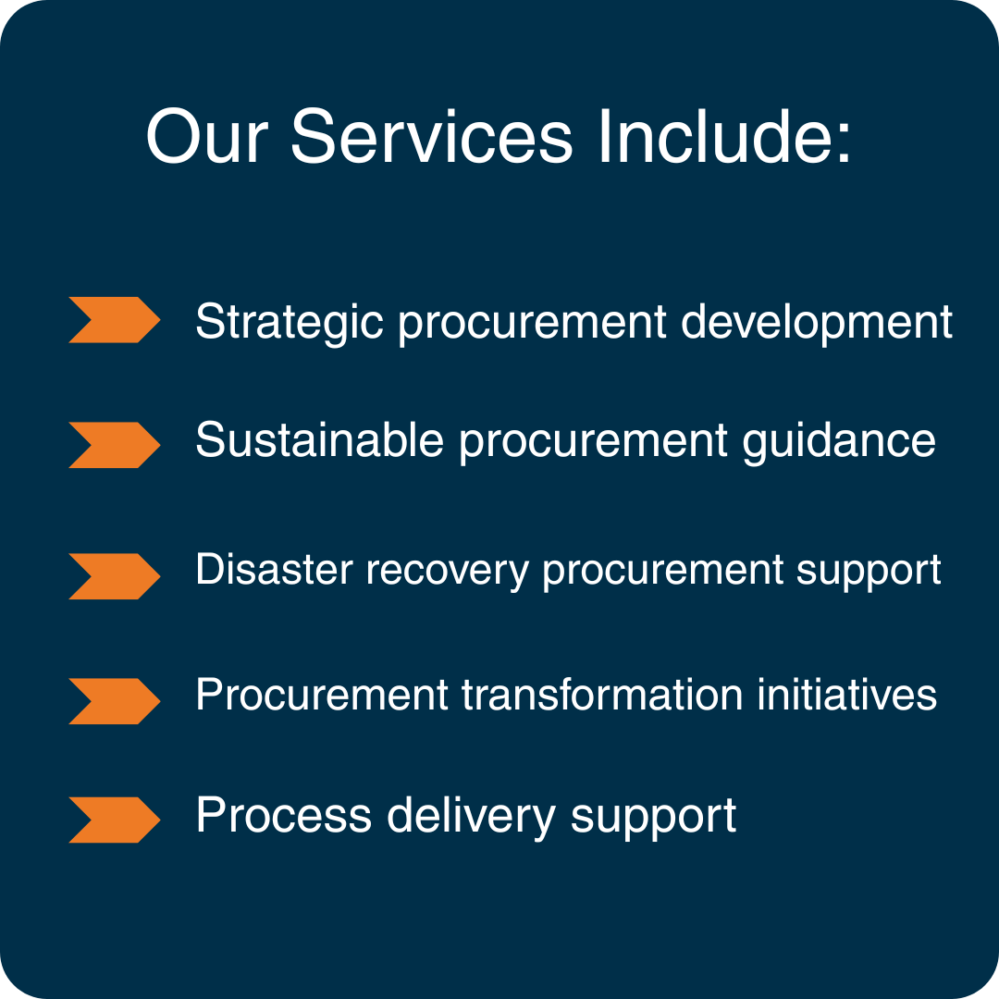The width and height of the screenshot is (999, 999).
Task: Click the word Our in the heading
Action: point(206,136)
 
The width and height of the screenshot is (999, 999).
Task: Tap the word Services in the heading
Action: point(431,136)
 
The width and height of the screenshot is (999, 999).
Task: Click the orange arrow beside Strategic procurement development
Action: point(114,320)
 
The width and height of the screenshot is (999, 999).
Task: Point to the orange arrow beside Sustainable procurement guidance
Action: point(114,445)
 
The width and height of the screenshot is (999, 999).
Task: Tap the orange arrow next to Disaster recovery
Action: point(114,576)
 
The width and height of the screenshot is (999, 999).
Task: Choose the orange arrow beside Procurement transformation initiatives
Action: point(114,701)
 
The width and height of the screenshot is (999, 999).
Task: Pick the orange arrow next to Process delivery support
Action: point(114,820)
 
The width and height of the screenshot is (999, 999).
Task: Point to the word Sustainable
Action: point(319,440)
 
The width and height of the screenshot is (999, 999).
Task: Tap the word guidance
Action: point(839,442)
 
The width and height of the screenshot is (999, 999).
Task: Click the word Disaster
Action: point(274,569)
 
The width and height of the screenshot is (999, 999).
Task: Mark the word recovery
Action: point(448,572)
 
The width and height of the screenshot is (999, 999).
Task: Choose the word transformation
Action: point(602,694)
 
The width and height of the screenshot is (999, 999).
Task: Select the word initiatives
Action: point(846,694)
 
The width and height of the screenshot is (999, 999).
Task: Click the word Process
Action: point(284,815)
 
